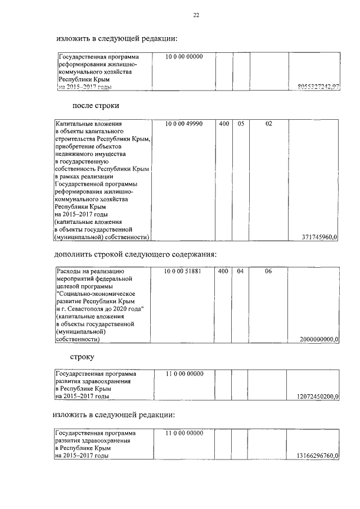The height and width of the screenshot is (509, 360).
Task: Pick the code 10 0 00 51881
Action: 184,271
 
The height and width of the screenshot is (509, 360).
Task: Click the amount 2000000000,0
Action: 319,339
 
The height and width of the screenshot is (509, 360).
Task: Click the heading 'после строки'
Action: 96,105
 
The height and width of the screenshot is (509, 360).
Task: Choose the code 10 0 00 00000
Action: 184,57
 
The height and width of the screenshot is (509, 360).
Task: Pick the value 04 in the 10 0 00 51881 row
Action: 240,271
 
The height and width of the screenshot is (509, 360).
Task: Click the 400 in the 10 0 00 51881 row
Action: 223,271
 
